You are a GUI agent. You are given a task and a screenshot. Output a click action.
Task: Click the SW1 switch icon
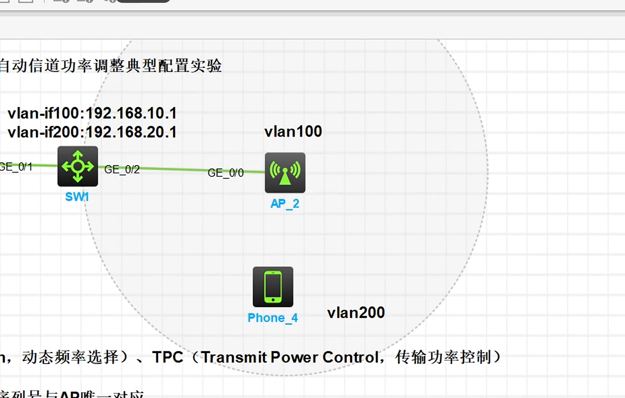click(x=78, y=166)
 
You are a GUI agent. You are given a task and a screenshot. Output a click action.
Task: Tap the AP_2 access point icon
click(x=285, y=173)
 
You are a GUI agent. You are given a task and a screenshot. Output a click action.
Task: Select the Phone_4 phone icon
click(x=273, y=287)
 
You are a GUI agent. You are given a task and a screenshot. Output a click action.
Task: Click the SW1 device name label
click(x=77, y=197)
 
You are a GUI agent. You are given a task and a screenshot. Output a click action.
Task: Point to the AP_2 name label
click(x=285, y=204)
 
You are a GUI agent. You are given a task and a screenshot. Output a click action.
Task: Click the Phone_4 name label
click(x=272, y=318)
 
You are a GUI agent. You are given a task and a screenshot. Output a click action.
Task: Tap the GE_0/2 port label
click(x=122, y=170)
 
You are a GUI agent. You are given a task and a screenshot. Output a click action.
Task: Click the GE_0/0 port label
click(x=226, y=173)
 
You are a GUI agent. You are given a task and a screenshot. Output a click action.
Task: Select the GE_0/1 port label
click(x=16, y=166)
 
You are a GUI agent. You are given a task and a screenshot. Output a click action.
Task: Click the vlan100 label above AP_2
click(x=293, y=132)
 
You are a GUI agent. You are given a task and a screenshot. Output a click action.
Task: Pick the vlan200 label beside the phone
click(x=356, y=313)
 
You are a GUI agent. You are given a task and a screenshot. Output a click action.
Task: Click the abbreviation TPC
click(x=167, y=357)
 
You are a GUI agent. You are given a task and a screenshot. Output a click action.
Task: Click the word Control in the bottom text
click(x=351, y=357)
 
